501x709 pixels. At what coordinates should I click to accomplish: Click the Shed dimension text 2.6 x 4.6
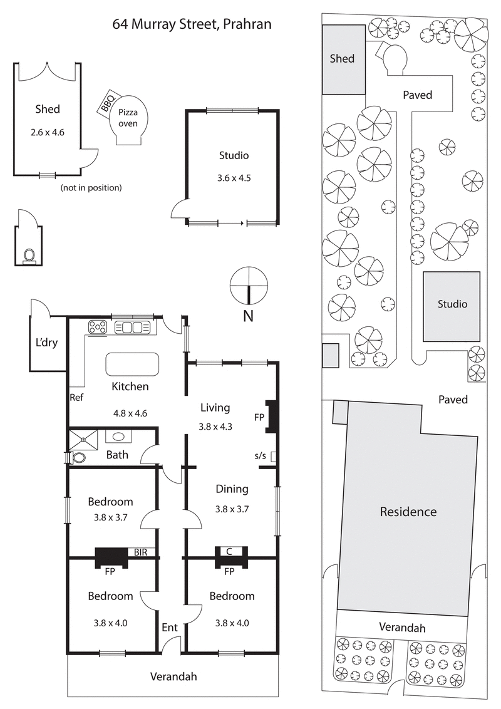(48, 132)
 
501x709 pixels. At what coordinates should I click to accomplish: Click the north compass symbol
(248, 284)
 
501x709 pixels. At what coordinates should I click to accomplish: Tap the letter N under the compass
(248, 316)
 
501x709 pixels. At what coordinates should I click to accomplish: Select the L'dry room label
(46, 343)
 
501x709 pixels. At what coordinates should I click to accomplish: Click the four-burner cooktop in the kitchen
(98, 327)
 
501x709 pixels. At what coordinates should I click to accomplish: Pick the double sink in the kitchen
(133, 327)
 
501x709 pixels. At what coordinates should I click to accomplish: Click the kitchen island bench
(132, 364)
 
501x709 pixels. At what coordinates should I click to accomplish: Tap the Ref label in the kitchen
(76, 397)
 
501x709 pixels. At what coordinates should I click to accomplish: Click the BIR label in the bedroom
(141, 552)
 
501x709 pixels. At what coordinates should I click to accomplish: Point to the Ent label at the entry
(170, 627)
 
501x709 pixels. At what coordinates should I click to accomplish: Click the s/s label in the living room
(260, 455)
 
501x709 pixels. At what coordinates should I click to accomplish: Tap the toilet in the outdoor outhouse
(29, 255)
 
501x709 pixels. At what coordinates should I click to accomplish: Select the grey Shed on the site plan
(343, 59)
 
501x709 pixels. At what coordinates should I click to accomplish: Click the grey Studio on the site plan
(452, 305)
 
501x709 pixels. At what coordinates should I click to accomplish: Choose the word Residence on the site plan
(408, 512)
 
